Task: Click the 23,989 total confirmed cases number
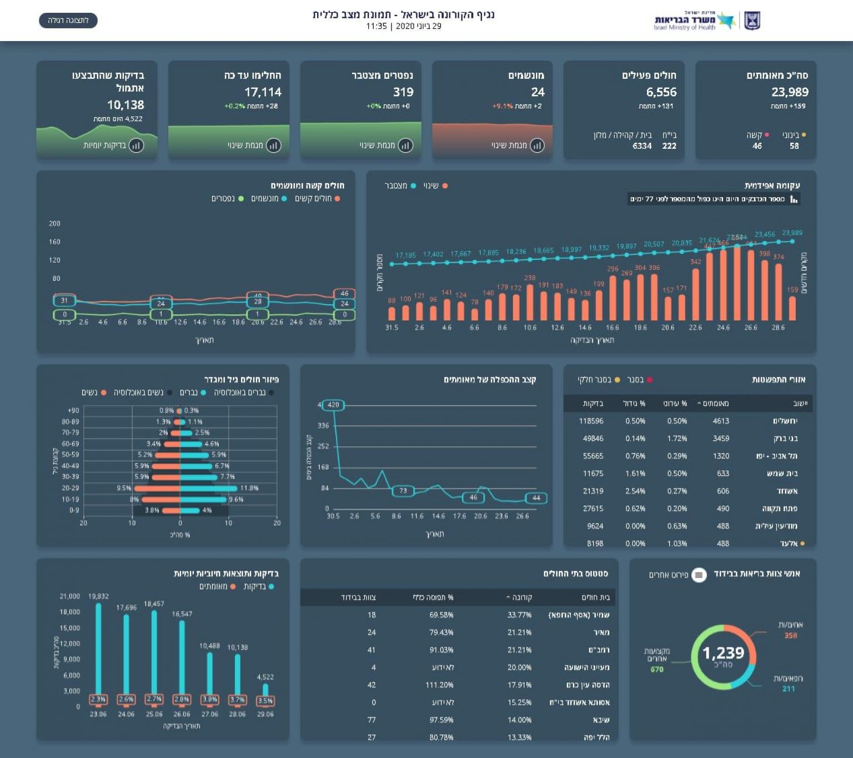[789, 92]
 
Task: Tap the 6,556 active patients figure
[661, 92]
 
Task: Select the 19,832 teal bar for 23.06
[98, 650]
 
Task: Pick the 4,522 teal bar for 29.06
[265, 690]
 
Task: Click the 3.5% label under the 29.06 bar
[265, 700]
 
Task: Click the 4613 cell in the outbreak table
[721, 421]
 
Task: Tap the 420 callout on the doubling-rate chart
[333, 405]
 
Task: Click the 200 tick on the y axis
[54, 223]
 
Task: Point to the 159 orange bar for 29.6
[792, 308]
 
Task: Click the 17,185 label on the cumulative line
[405, 255]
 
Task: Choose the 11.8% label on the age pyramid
[249, 488]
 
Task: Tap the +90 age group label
[73, 410]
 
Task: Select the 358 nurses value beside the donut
[790, 635]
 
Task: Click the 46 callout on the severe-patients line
[344, 293]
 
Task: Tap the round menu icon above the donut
[699, 575]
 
